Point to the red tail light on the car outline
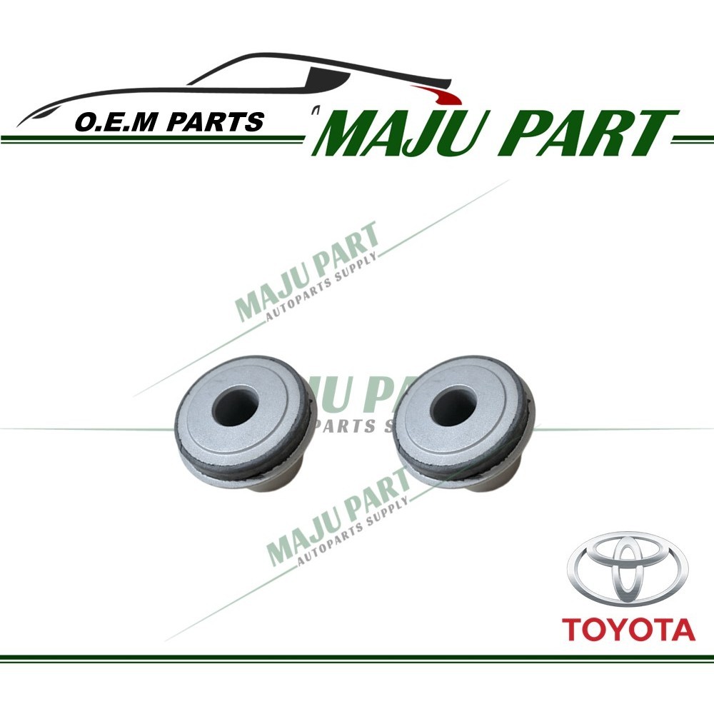coord(437,94)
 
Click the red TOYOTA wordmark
coord(628,630)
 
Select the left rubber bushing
coord(243,424)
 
